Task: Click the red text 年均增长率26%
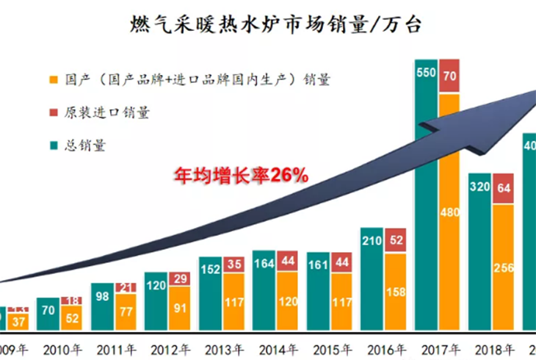click(x=240, y=176)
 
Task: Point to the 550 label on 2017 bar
click(x=427, y=73)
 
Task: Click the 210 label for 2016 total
click(x=372, y=240)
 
